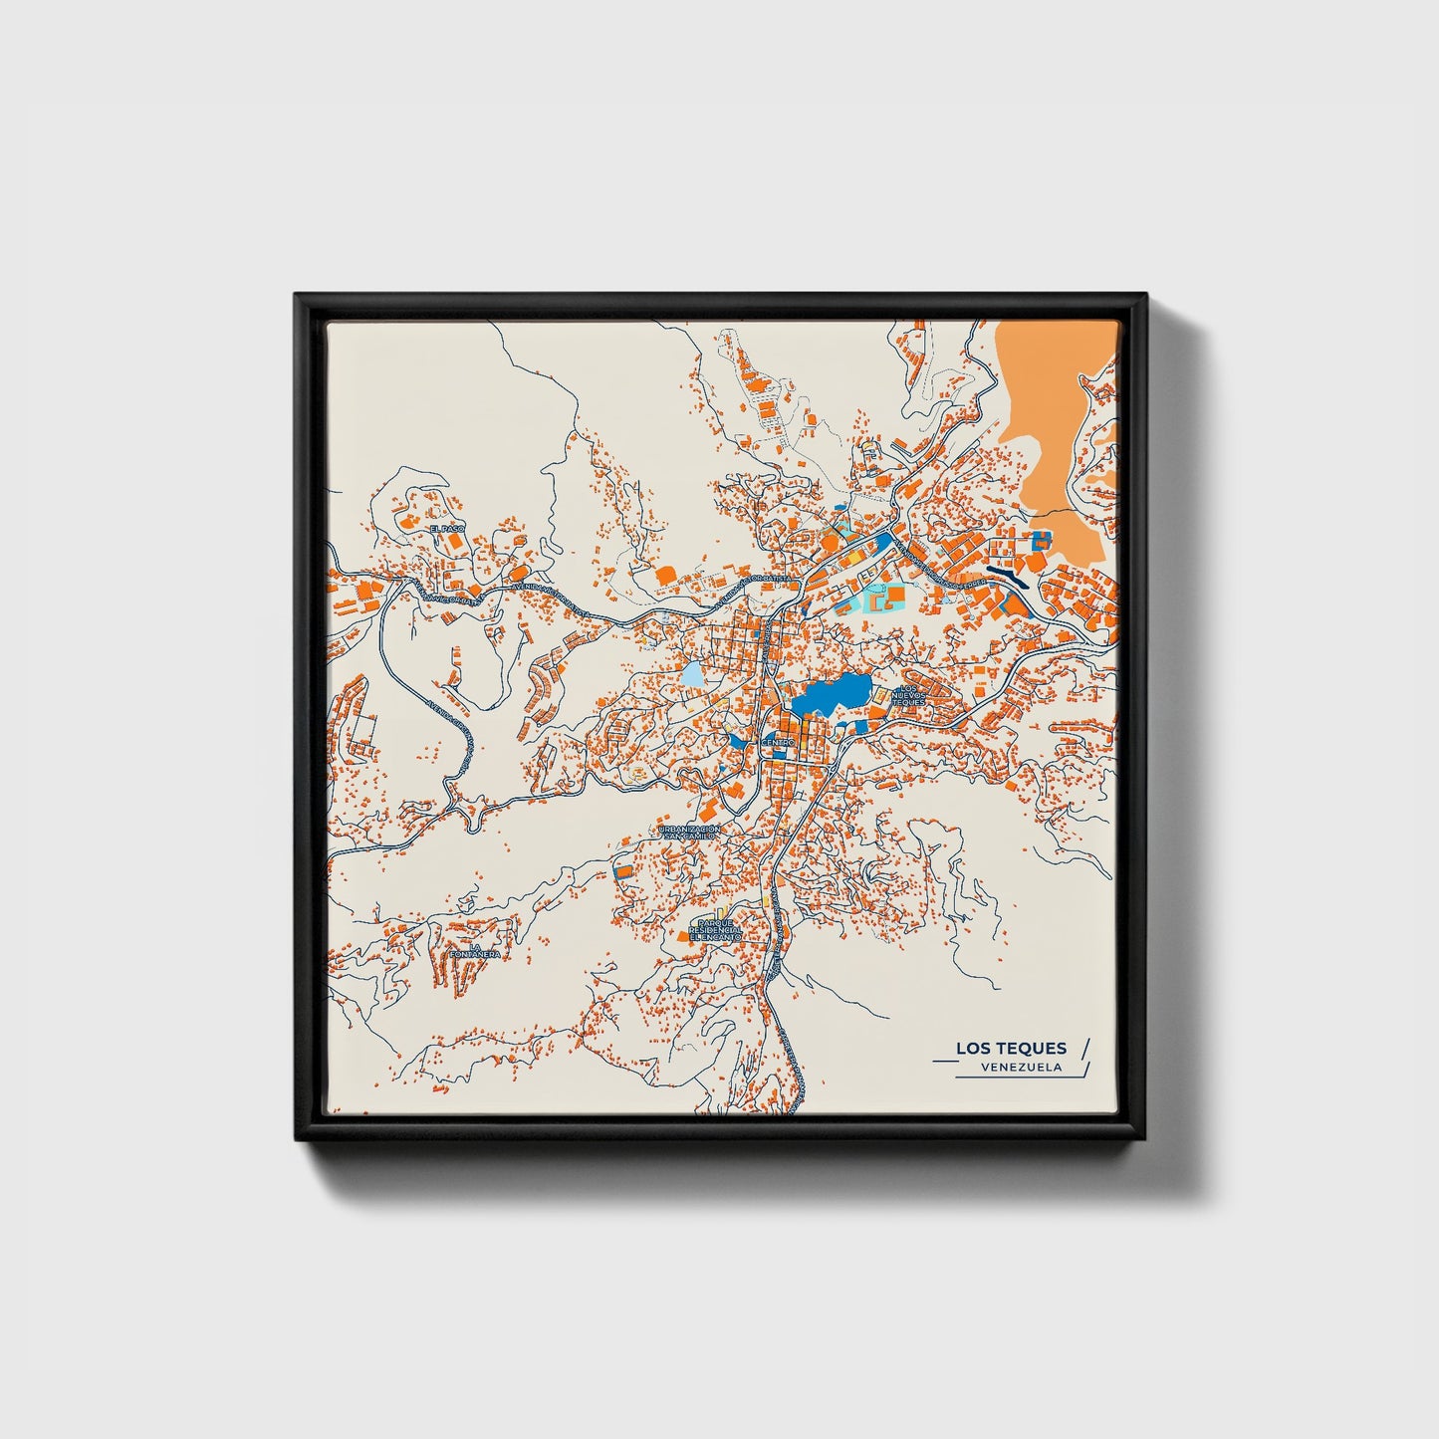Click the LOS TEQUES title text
(1011, 1048)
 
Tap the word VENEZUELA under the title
(1020, 1067)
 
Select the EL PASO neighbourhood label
(447, 528)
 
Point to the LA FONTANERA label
(473, 950)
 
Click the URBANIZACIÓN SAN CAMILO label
(687, 833)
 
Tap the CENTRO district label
(777, 743)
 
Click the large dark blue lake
(829, 694)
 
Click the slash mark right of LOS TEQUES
(1085, 1047)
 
